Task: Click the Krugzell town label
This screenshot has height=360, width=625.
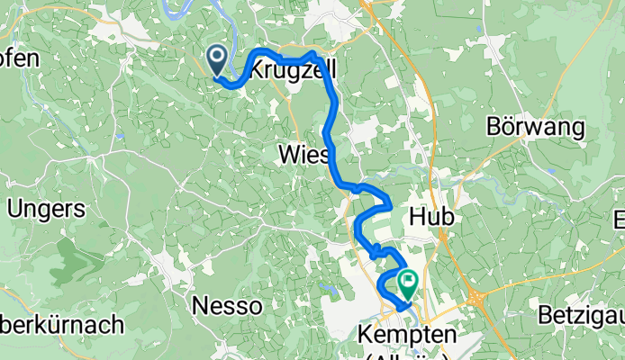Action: tap(290, 70)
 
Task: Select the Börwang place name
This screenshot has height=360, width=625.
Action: tap(535, 126)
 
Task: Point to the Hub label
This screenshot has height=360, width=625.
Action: tap(430, 218)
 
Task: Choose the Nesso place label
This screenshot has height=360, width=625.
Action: tap(228, 306)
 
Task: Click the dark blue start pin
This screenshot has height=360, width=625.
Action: tap(218, 60)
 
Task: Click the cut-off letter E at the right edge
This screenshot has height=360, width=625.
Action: tap(619, 219)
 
